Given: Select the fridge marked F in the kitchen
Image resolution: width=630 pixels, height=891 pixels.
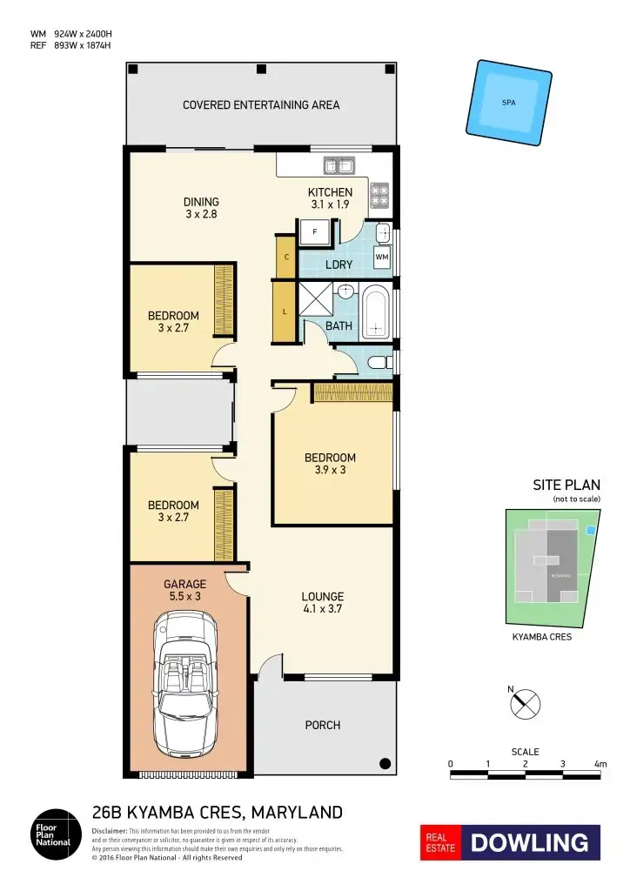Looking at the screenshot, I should (x=314, y=232).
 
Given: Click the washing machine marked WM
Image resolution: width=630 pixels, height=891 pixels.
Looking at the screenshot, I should (x=381, y=257).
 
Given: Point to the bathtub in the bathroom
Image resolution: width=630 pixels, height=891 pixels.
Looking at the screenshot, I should (x=376, y=312).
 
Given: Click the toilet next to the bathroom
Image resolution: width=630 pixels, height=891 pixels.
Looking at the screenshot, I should (x=377, y=361).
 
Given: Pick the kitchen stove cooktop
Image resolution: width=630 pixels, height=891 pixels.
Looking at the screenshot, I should (x=379, y=197).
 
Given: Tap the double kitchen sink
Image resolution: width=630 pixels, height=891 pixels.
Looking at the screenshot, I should (x=338, y=164).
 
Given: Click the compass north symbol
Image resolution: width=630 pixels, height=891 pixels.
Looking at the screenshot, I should (x=526, y=703).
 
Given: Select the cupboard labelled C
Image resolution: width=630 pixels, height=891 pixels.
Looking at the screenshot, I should (x=286, y=257).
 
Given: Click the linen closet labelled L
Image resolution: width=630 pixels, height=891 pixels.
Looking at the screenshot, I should (x=285, y=312).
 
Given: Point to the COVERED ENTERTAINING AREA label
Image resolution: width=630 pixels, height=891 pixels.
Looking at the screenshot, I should (x=261, y=105).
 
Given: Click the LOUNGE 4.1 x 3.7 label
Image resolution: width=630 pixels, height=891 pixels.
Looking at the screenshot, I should (x=323, y=603).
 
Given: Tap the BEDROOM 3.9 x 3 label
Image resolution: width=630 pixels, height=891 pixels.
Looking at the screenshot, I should (x=330, y=464).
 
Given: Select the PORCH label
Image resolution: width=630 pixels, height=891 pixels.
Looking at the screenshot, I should (x=323, y=725).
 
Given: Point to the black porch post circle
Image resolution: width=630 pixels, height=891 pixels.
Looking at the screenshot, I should (x=384, y=763).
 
